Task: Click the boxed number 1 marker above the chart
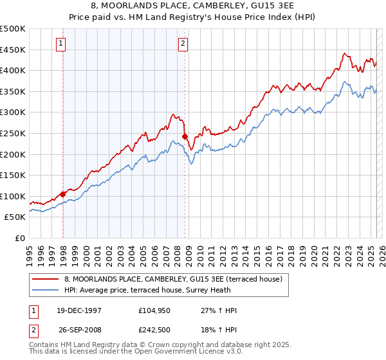tap(60, 44)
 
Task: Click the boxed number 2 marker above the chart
tap(183, 44)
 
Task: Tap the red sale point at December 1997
tap(63, 194)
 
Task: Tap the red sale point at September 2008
tap(185, 136)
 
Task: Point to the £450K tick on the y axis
tap(13, 50)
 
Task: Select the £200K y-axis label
tap(13, 154)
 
